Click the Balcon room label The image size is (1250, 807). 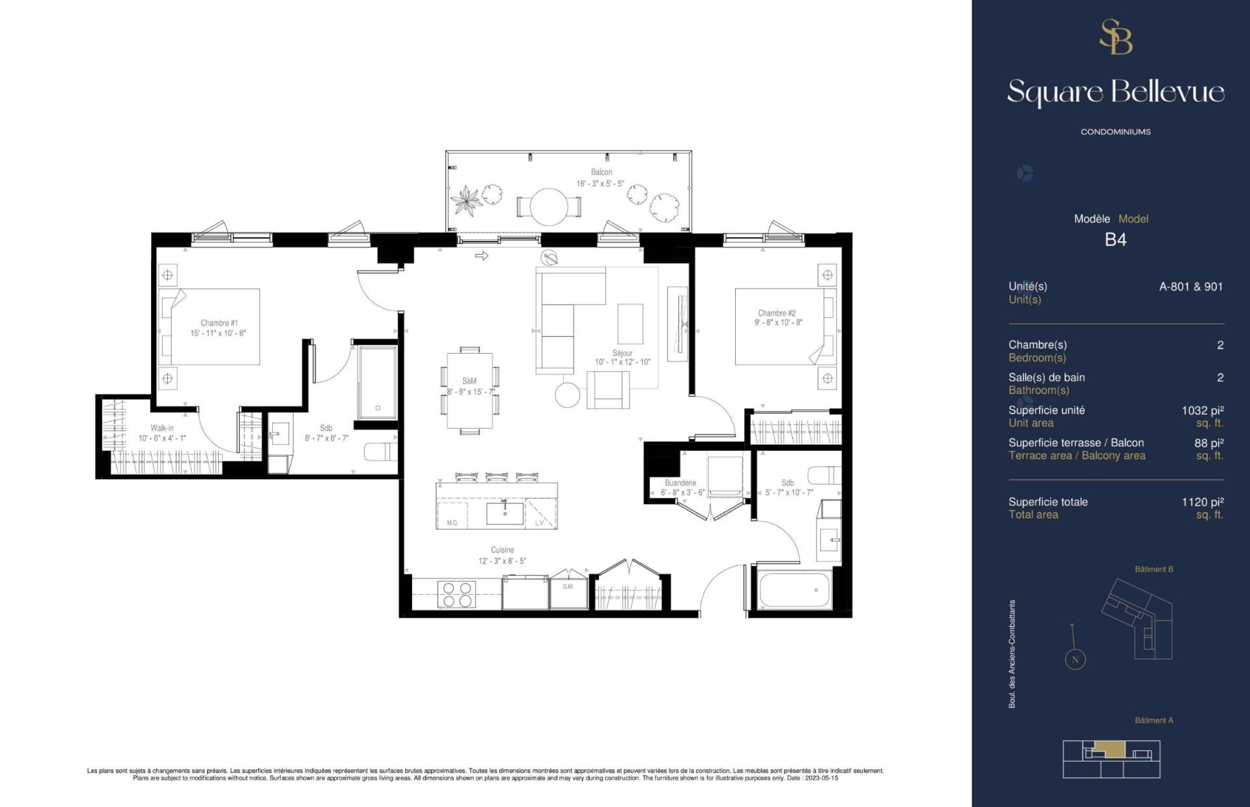[602, 173]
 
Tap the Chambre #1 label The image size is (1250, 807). [219, 323]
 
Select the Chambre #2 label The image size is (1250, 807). [777, 313]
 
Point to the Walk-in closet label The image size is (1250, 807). [162, 428]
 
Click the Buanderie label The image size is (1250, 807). [680, 483]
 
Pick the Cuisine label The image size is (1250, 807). [503, 550]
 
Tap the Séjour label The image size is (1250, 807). [622, 353]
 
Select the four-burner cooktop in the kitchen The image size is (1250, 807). [457, 594]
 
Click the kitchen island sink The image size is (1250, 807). [505, 513]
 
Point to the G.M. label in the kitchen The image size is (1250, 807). [568, 587]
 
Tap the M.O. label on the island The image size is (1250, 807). [452, 523]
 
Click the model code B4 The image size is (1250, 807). [1115, 240]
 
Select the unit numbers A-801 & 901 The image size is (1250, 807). [1191, 287]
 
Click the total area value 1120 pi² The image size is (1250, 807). [1202, 502]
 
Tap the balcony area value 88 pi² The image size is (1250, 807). [1209, 443]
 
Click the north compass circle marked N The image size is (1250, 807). [1075, 659]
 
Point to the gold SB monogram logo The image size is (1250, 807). [1116, 36]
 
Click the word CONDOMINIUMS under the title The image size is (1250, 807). [1115, 132]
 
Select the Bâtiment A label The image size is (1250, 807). [1154, 720]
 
